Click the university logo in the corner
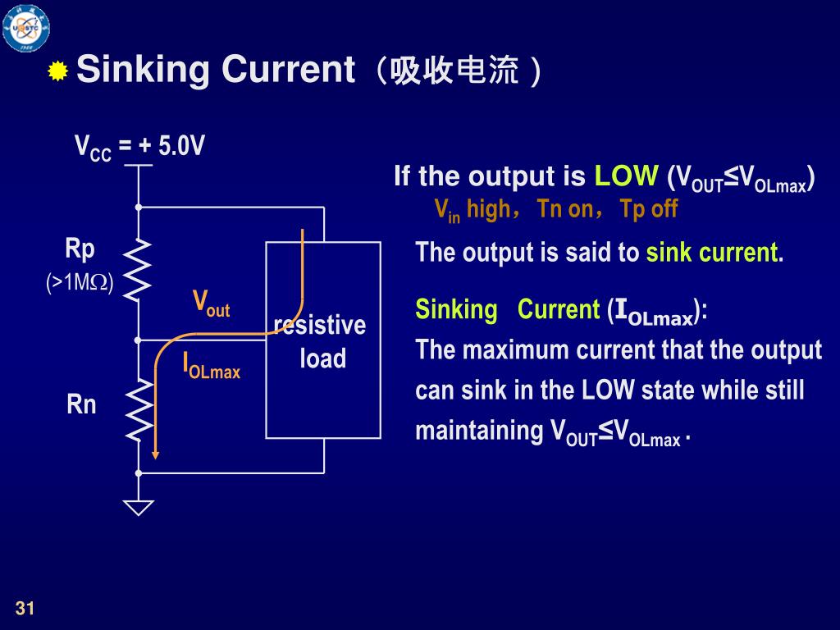coord(25,26)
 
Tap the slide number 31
coord(25,608)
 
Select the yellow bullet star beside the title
coord(57,72)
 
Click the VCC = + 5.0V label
coord(139,147)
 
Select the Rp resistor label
coord(80,249)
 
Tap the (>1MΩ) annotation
coord(80,283)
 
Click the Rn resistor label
coord(81,404)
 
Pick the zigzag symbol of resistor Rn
coord(139,408)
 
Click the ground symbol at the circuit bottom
coord(139,507)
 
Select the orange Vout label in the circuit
coord(211,303)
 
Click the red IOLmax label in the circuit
coord(211,366)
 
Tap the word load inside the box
coord(322,358)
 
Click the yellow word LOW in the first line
coord(626,176)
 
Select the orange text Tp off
coord(649,209)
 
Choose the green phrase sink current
coord(711,252)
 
